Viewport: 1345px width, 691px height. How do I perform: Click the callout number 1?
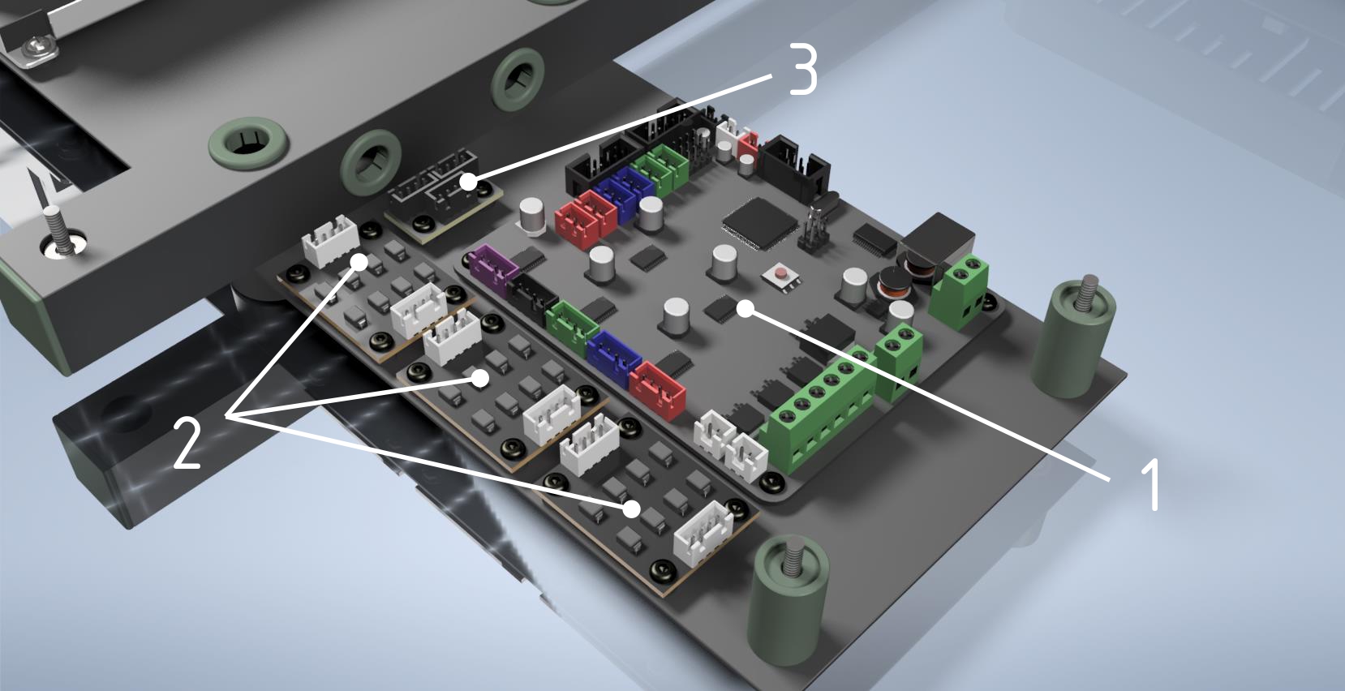(1149, 484)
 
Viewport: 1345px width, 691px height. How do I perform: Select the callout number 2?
(186, 443)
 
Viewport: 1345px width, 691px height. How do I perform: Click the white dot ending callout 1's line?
(746, 308)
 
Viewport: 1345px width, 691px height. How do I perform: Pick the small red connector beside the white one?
(749, 144)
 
